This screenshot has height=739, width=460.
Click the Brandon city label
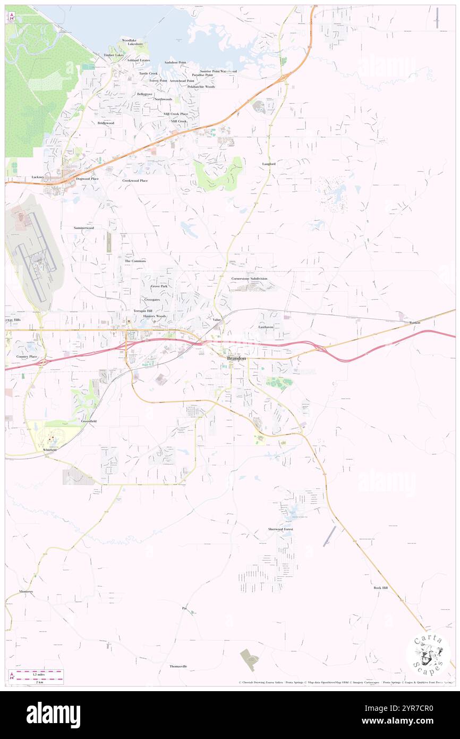pos(236,359)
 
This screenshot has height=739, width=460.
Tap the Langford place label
pos(269,164)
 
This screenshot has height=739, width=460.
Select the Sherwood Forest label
pos(280,530)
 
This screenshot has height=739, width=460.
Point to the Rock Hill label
pos(380,587)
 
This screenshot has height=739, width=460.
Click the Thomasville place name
pos(178,666)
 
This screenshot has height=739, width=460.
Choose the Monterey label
pos(26,592)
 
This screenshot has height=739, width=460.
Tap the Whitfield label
pos(49,450)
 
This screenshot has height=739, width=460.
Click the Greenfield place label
pos(89,421)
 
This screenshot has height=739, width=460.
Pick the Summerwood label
pos(84,228)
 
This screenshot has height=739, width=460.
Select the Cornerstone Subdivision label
pos(249,279)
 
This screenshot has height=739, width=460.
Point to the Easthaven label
pos(266,327)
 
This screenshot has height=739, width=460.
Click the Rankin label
pos(414,323)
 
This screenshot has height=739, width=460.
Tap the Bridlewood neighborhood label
pos(106,123)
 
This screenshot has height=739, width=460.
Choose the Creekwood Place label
pos(135,181)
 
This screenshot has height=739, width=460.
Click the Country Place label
pos(26,356)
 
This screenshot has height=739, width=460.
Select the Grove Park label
pos(159,286)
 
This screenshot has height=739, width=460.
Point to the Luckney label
pos(38,177)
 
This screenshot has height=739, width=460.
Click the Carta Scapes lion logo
pos(428,653)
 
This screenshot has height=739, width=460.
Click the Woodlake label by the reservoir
pos(129,40)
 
